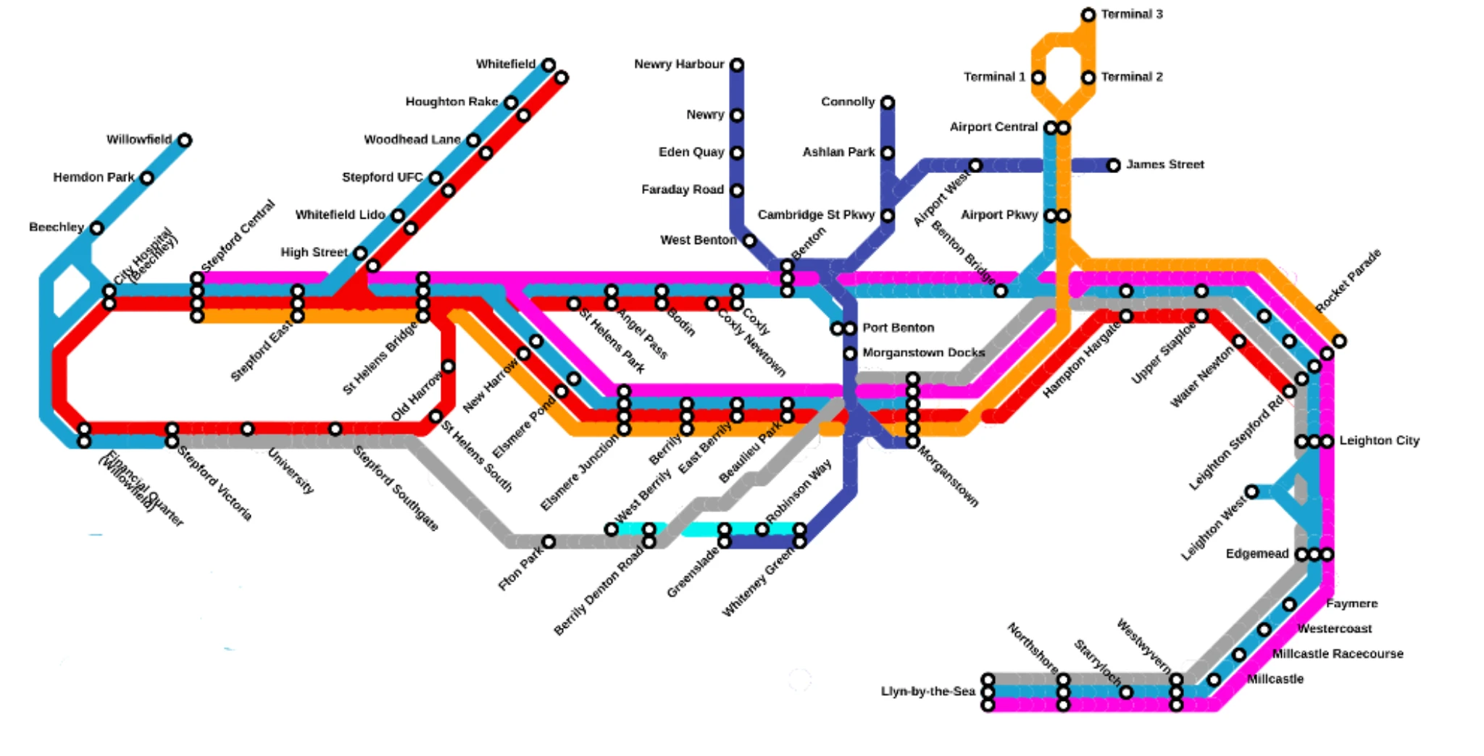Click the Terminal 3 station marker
tap(1088, 14)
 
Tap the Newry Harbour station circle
tap(736, 65)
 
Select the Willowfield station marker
tap(185, 140)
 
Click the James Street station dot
tap(1113, 166)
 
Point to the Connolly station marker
tap(887, 103)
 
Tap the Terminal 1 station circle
tap(1038, 77)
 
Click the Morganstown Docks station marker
tap(849, 353)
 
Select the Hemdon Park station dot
tap(147, 178)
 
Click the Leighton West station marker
tap(1251, 492)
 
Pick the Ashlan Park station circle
tap(887, 153)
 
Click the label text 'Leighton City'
tap(1379, 440)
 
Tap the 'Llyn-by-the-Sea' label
tap(927, 691)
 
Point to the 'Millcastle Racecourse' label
tap(1338, 653)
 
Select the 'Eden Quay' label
tap(691, 152)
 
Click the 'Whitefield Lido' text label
tap(340, 214)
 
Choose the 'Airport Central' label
tap(993, 127)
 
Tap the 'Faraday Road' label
tap(682, 190)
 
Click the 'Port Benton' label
tap(898, 327)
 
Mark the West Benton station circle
tap(749, 240)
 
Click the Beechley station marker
tap(96, 228)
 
